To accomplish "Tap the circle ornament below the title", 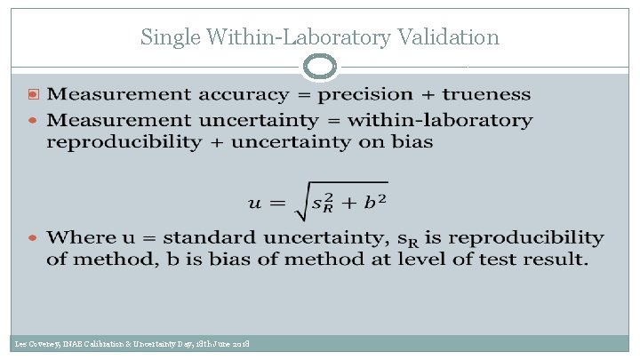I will pyautogui.click(x=320, y=67).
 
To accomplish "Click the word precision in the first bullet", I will pyautogui.click(x=365, y=95).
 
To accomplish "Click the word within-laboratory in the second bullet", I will pyautogui.click(x=441, y=119).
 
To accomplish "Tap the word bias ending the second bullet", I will pyautogui.click(x=413, y=143).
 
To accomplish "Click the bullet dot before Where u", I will pyautogui.click(x=35, y=238).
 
